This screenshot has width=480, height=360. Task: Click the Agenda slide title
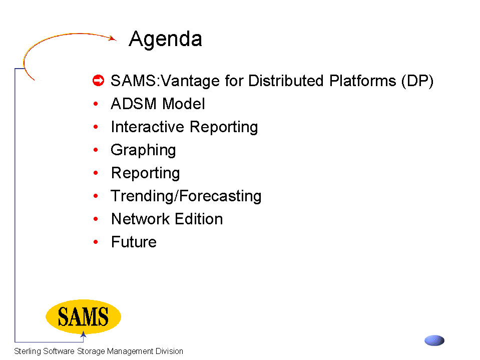[165, 40]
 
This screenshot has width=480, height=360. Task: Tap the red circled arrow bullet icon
[98, 81]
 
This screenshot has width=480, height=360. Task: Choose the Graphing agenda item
[143, 150]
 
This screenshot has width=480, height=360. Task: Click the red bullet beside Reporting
[96, 173]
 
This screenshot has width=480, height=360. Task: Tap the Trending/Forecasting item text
[186, 196]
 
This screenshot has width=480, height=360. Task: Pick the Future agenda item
[134, 242]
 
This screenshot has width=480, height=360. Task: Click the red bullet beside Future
[96, 242]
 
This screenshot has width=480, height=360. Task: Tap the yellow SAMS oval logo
[83, 316]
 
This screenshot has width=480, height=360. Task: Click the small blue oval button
[434, 340]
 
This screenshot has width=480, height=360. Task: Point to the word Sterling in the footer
[28, 351]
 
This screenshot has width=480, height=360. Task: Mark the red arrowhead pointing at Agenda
[113, 38]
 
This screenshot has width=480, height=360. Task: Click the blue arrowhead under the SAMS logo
[83, 334]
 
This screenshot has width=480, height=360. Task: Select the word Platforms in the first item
[362, 81]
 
